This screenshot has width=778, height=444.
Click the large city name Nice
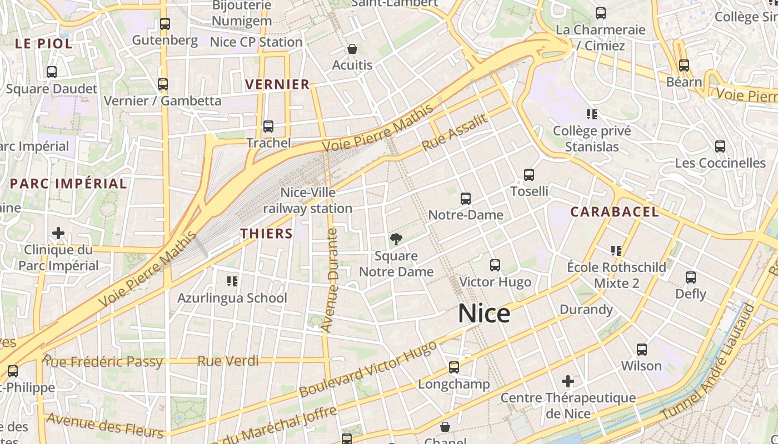[484, 314]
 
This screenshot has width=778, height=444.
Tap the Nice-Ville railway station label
[308, 200]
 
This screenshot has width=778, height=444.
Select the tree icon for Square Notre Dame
[396, 239]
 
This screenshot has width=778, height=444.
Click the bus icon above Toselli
[529, 175]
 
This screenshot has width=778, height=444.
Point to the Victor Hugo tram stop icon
[495, 265]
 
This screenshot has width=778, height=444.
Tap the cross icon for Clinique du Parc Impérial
[58, 233]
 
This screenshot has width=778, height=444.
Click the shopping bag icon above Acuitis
[352, 49]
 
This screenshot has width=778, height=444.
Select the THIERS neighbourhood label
[266, 234]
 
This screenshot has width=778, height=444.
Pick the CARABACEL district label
[615, 211]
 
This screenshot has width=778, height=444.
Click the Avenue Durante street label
[332, 280]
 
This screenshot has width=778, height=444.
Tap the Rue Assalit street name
[455, 133]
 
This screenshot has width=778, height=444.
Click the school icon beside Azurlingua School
[232, 281]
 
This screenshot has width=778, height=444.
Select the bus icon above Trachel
[268, 127]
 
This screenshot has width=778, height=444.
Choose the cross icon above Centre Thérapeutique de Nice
[567, 381]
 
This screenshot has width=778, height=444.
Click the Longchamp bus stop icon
[454, 367]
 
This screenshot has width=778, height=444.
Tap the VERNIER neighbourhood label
[277, 84]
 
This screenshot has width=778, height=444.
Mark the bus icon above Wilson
[642, 350]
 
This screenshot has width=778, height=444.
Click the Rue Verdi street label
[228, 361]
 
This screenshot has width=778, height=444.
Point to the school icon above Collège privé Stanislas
[592, 114]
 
